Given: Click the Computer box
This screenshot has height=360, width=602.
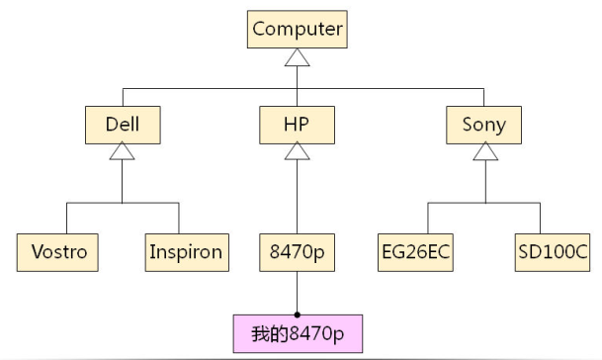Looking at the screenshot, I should pyautogui.click(x=298, y=29).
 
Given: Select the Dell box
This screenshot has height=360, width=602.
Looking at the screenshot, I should pyautogui.click(x=122, y=125).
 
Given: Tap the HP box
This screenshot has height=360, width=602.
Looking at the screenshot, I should pyautogui.click(x=298, y=125).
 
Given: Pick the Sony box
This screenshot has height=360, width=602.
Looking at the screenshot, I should pyautogui.click(x=483, y=125).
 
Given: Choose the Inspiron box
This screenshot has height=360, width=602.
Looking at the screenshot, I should pyautogui.click(x=185, y=252).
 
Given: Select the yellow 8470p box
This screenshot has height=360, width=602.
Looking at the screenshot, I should pyautogui.click(x=297, y=252).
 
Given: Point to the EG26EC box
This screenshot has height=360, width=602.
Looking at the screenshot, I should pyautogui.click(x=416, y=252).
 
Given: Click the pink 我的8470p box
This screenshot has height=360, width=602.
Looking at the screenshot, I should pyautogui.click(x=298, y=333).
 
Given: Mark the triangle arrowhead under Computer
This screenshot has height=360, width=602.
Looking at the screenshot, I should pyautogui.click(x=298, y=58).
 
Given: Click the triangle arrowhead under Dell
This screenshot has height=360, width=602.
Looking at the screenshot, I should pyautogui.click(x=122, y=152).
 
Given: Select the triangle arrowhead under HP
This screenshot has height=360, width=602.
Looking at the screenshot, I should pyautogui.click(x=298, y=152).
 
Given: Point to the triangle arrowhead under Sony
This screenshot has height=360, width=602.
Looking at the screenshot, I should pyautogui.click(x=483, y=152).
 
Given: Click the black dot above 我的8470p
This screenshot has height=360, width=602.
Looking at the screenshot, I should pyautogui.click(x=298, y=314).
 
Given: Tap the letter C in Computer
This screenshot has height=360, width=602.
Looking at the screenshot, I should pyautogui.click(x=260, y=29).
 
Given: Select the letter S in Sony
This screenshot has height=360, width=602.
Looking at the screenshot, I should pyautogui.click(x=469, y=125).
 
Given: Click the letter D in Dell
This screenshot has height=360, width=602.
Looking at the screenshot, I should pyautogui.click(x=111, y=125).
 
